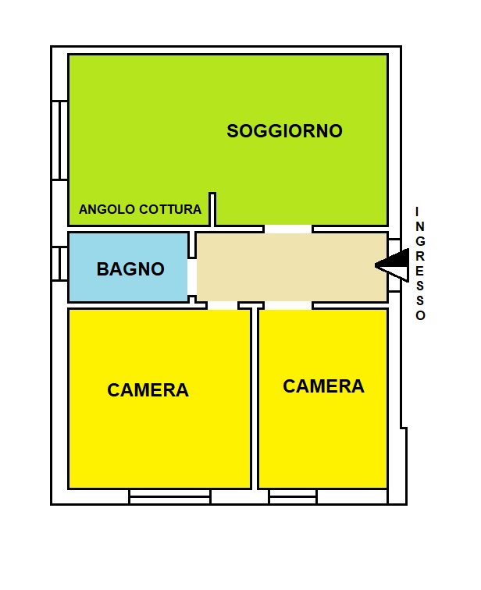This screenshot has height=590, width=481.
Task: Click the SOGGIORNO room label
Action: (x=284, y=131)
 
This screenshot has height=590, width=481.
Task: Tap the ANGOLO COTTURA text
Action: (x=140, y=209)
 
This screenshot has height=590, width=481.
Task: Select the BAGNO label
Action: (x=130, y=269)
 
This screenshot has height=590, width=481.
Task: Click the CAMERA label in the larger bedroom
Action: (x=148, y=390)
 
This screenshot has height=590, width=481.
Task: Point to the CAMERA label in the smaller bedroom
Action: (x=324, y=386)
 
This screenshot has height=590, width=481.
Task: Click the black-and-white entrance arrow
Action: (x=392, y=265)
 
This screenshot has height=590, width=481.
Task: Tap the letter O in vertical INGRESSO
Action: (x=420, y=315)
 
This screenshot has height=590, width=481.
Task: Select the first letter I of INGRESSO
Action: (x=417, y=211)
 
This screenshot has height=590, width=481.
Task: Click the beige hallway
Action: (x=292, y=267)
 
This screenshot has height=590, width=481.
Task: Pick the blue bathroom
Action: (x=128, y=267)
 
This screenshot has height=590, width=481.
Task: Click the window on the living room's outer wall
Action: (x=59, y=140)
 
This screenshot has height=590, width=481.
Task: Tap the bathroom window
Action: (x=59, y=264)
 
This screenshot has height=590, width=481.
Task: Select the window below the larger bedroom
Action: (x=169, y=496)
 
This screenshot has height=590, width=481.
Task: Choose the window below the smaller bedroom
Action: (x=293, y=496)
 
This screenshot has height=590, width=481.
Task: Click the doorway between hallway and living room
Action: (x=288, y=229)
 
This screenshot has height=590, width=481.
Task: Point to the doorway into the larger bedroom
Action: (x=223, y=305)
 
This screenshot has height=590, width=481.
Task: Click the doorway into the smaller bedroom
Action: (x=288, y=305)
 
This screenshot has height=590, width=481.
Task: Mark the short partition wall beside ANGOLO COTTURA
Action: (x=212, y=210)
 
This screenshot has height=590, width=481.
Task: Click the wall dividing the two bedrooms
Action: (x=255, y=399)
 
